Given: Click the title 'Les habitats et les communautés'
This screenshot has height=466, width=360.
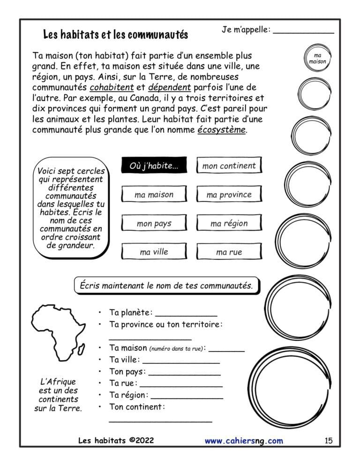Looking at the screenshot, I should pos(115,35).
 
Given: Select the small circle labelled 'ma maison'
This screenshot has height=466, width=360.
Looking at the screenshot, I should pos(317,59).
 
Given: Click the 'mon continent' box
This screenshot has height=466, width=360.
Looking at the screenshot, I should pos(229,166).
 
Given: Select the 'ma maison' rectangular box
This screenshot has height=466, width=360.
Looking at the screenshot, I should pos(154,195).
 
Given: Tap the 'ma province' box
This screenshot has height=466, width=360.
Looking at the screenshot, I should pos(229,195).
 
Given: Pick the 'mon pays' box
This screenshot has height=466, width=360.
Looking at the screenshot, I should pos(154,224).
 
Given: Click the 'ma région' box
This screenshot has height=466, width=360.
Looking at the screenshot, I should pos(229,224).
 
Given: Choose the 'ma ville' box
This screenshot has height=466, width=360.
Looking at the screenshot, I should pos(154,252).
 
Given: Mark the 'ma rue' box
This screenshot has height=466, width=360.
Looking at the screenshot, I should pos(229,252).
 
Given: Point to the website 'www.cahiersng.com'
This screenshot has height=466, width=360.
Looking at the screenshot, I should pos(244,441).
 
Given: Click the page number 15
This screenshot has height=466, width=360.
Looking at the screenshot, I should pos(328,441).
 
